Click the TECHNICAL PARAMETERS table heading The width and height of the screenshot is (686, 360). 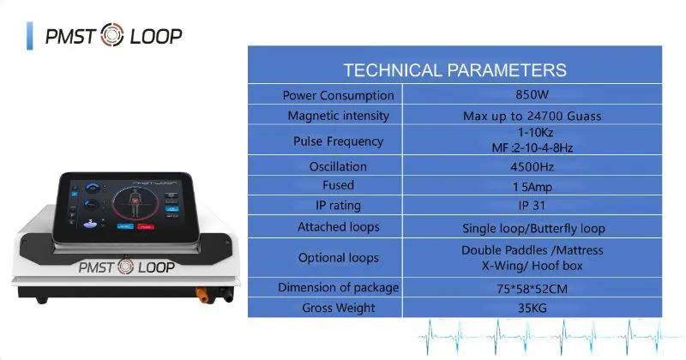454,70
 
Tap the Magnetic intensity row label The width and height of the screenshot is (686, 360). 339,116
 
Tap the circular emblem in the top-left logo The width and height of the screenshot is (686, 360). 112,36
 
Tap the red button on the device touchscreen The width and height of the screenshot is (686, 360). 147,227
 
